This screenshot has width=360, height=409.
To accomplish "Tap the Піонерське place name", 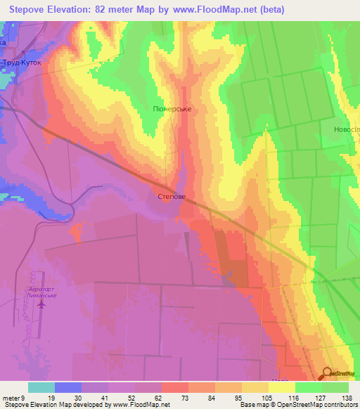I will [x=172, y=109].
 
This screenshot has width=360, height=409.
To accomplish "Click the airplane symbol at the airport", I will [x=41, y=304].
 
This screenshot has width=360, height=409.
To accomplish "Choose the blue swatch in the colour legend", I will [x=68, y=387].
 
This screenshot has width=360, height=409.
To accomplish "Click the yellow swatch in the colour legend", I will [x=281, y=387].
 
